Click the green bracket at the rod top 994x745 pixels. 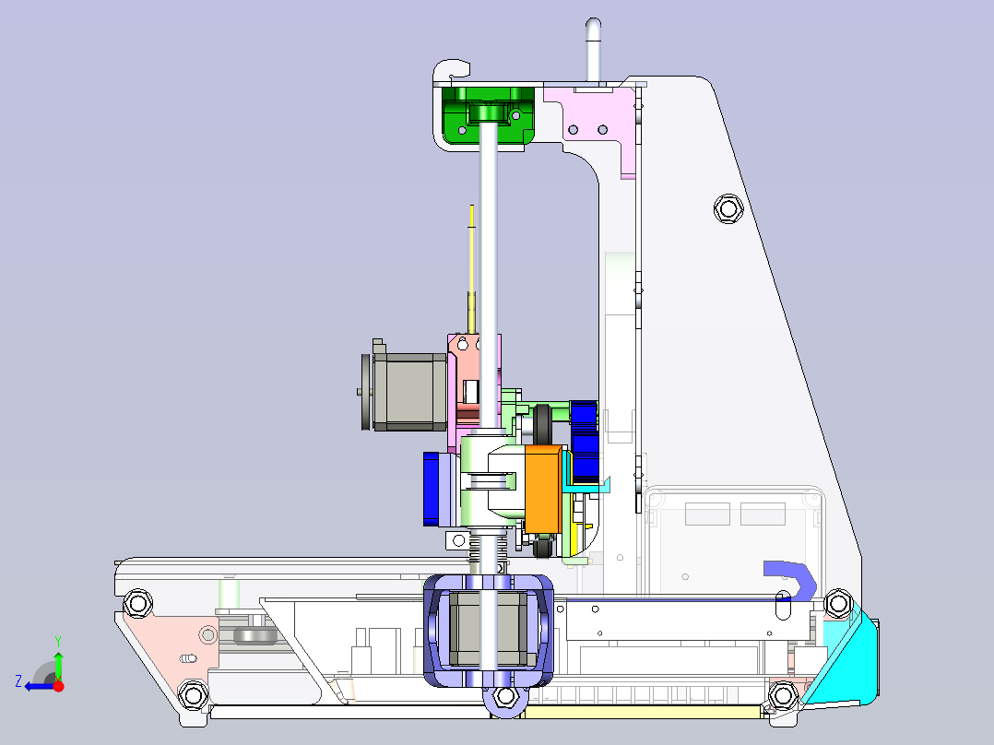[x=488, y=116]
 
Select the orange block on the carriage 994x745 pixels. [x=543, y=488]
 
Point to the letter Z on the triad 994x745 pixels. [x=18, y=681]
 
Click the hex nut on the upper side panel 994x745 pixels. [x=728, y=208]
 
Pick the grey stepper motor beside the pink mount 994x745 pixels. [x=406, y=391]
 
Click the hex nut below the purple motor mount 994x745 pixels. [x=505, y=696]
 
